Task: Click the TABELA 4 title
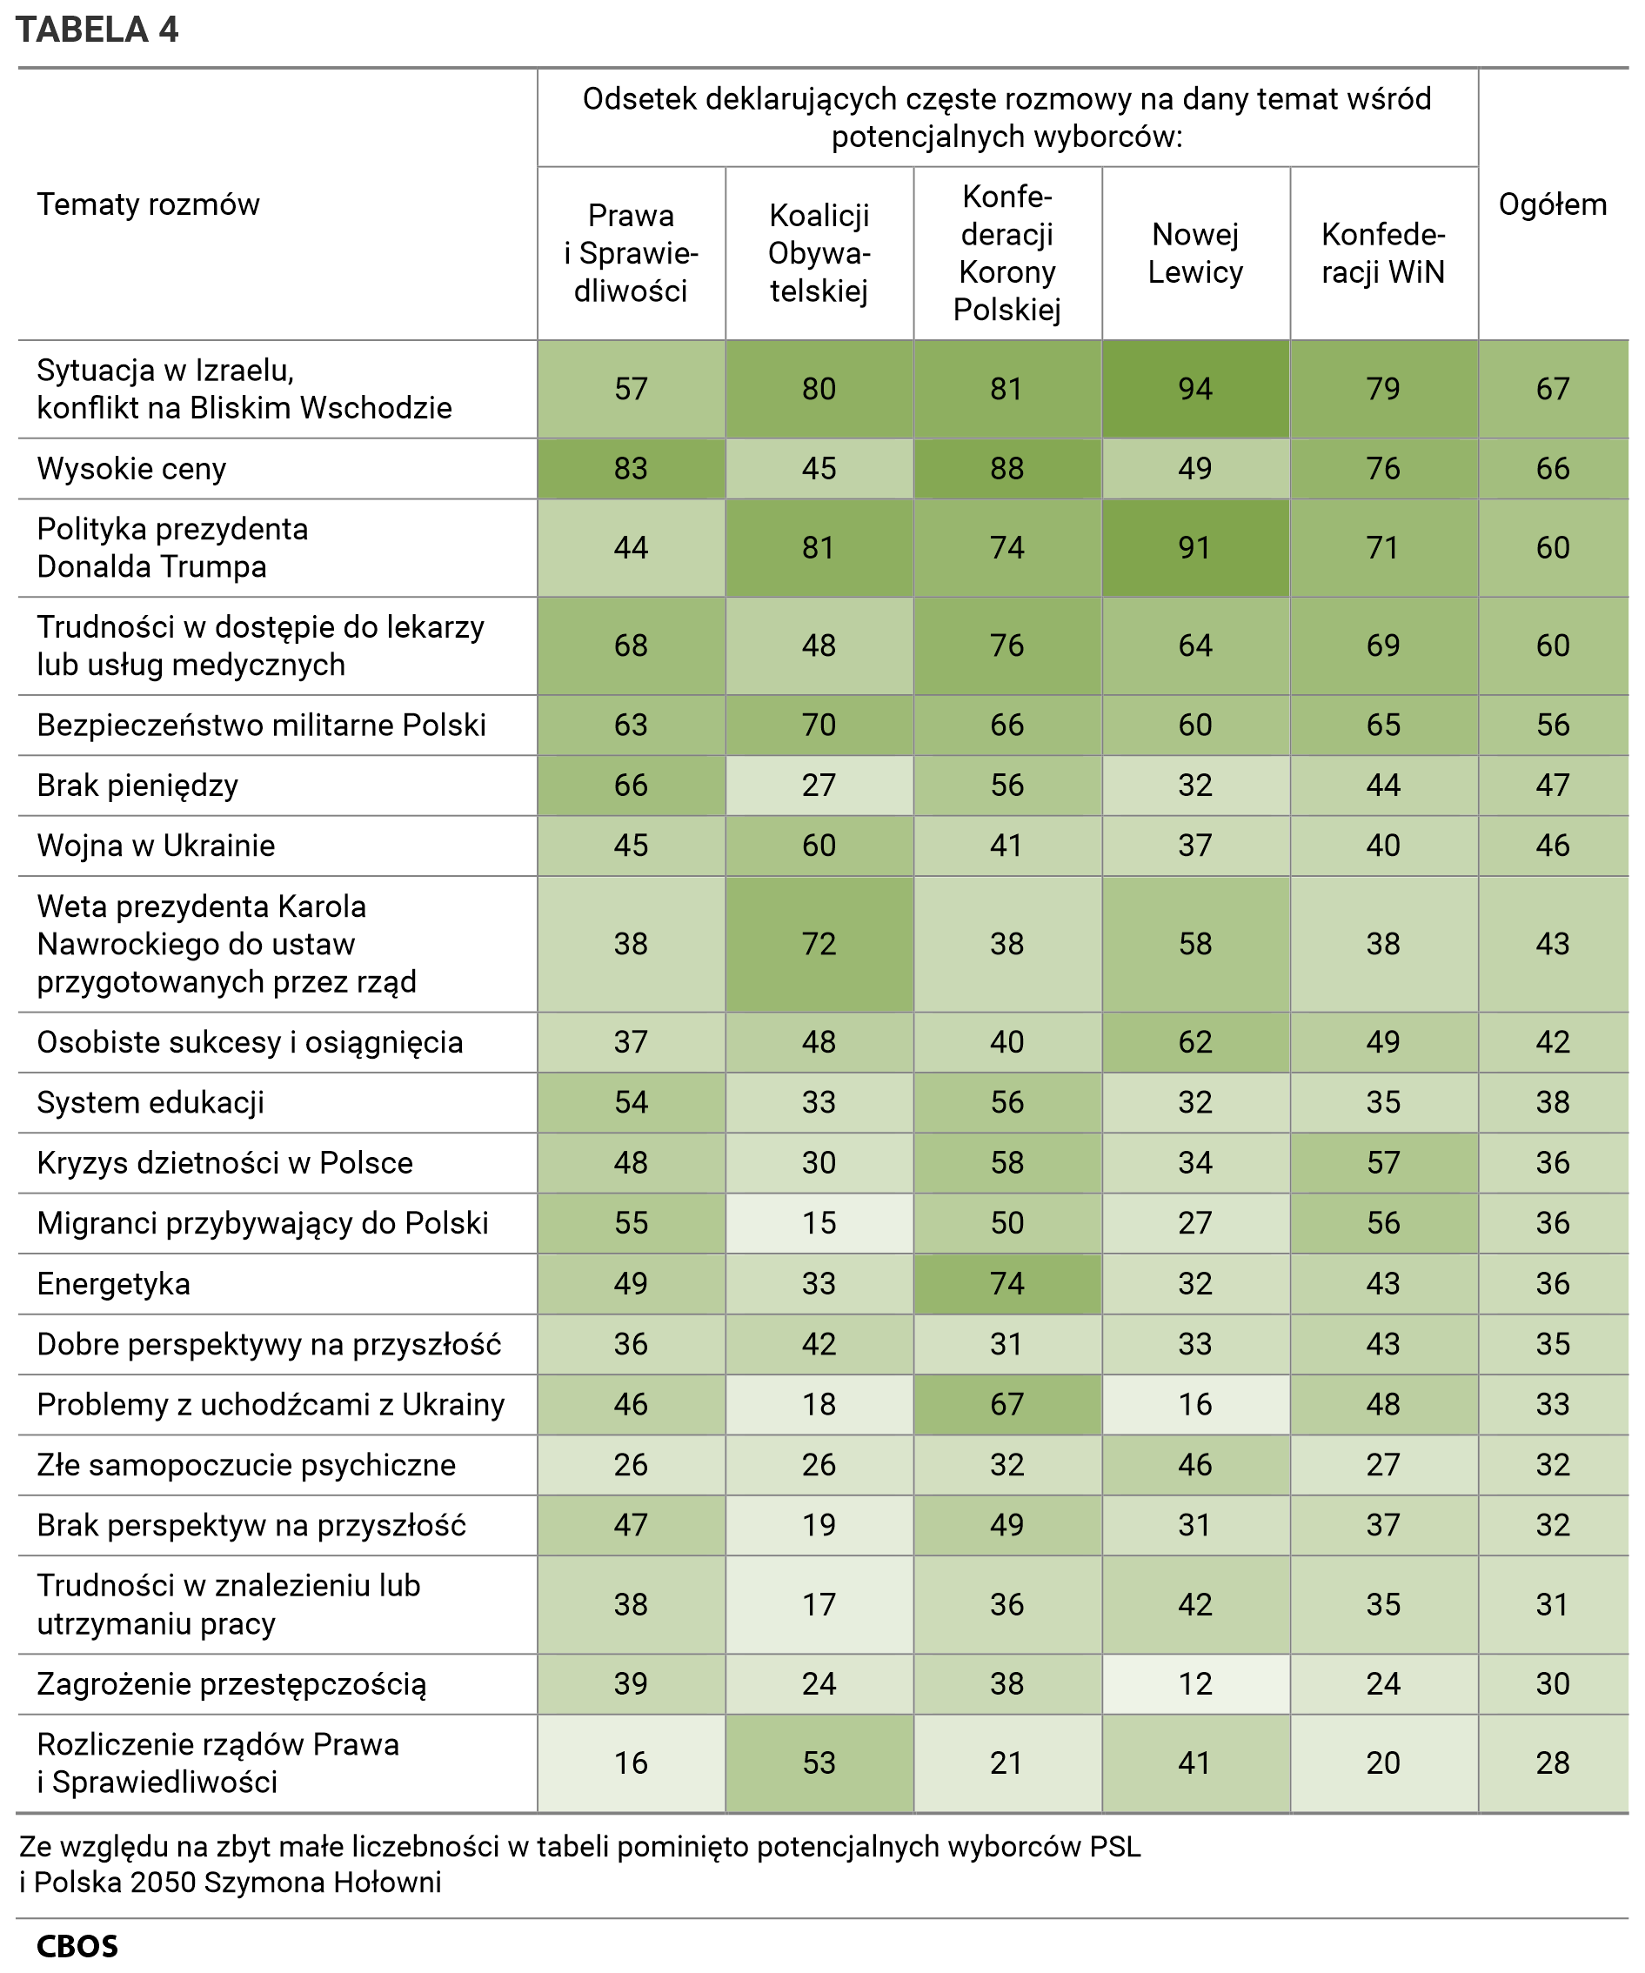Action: click(97, 30)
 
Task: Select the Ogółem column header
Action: click(1552, 204)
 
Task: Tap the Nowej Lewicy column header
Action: click(1195, 253)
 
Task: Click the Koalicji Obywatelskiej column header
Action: click(819, 253)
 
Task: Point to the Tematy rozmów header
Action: click(148, 204)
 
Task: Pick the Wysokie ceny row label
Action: click(131, 468)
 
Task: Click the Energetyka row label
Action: click(114, 1283)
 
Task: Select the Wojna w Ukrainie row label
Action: click(156, 846)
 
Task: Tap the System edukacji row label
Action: click(150, 1102)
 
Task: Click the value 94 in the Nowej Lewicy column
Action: click(1195, 389)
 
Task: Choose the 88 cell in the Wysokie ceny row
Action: click(1006, 468)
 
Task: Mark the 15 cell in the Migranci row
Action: click(819, 1223)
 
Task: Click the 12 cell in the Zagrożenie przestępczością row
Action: click(1195, 1683)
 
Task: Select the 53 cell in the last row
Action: click(819, 1762)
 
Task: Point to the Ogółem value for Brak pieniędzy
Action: click(1552, 786)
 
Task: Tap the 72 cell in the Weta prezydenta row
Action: click(819, 944)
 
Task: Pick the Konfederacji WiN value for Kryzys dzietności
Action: click(1383, 1163)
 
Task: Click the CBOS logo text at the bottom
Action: click(77, 1946)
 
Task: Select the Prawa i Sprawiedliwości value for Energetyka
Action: click(631, 1283)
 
